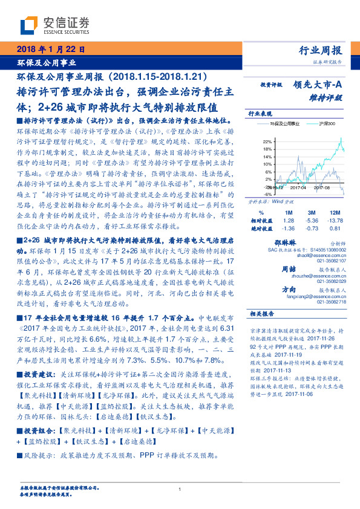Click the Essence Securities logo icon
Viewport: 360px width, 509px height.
[x=31, y=24]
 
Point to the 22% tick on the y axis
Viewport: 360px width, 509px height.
[x=267, y=140]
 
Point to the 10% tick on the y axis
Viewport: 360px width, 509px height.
[x=267, y=164]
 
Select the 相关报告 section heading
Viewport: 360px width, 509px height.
[x=262, y=314]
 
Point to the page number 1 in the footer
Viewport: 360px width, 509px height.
[x=180, y=489]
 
